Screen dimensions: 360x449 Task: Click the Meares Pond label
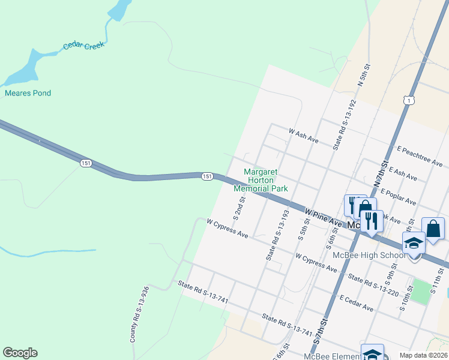click(x=28, y=93)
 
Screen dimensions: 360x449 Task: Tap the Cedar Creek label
click(x=84, y=45)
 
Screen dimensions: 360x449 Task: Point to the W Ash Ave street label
click(x=303, y=134)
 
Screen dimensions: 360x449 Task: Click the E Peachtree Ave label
click(x=419, y=155)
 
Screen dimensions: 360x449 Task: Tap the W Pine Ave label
click(x=323, y=217)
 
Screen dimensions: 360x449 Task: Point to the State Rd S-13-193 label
click(x=277, y=235)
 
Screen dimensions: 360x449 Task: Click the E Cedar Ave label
click(x=356, y=303)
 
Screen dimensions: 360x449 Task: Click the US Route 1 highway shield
click(x=408, y=101)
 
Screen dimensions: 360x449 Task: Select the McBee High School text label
click(x=369, y=256)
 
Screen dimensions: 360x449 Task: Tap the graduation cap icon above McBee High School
click(x=414, y=242)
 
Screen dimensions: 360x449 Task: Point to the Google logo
click(x=20, y=353)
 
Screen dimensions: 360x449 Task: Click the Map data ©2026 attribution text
click(x=423, y=355)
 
